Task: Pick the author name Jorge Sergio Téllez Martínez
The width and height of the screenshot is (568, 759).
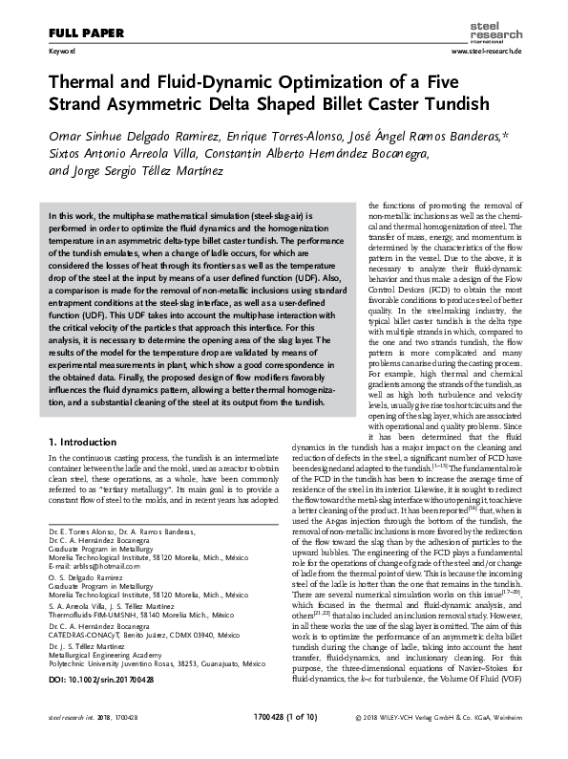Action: tap(146, 171)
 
